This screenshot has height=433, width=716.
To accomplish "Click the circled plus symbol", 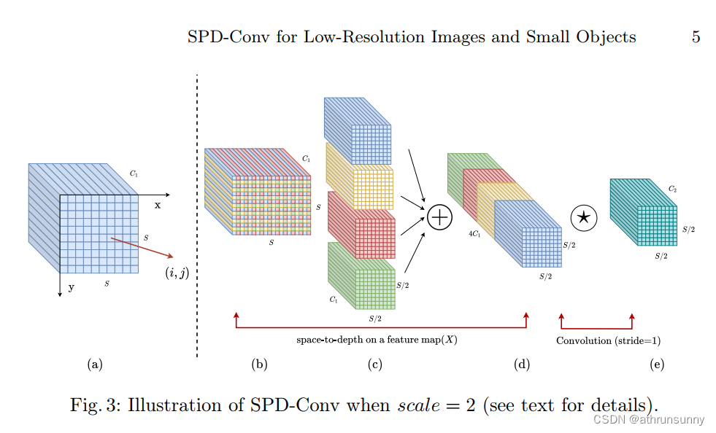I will pos(439,217).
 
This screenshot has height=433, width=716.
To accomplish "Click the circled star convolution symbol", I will pos(583,216).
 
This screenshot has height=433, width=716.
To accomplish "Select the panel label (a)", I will pos(94,364).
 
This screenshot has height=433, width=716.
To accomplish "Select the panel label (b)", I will pos(259,364).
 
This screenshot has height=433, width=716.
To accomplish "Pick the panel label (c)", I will pos(375,364).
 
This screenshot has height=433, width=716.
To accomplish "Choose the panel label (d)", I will pos(521,364).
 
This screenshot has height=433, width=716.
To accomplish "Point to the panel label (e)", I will pos(656,364).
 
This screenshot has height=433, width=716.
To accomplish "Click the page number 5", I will pos(696,37).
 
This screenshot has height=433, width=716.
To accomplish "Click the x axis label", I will pos(158,206).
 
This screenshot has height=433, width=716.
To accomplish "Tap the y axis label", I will pos(72,287).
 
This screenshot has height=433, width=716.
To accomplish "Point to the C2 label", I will pos(672,189).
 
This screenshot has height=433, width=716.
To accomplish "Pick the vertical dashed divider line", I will pos(197,219).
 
